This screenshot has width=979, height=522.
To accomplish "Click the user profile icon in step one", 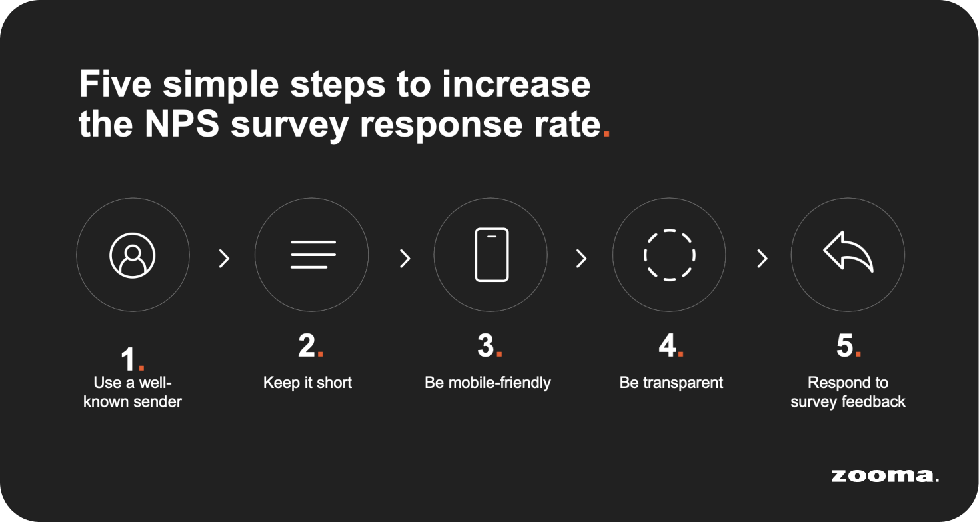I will pos(133,255).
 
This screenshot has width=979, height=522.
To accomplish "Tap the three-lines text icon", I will pos(313,255).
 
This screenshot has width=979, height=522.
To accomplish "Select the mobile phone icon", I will pos(491,255).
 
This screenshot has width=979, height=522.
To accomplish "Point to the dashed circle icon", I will pos(669,255).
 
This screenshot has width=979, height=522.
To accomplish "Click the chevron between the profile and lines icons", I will pos(225,258).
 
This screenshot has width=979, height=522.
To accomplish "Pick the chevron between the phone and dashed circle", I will pos(582,258).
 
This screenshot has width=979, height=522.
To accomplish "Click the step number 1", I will pos(129,361).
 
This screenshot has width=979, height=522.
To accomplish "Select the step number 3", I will pos(486,346).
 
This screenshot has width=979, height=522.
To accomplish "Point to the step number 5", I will pos(845,346).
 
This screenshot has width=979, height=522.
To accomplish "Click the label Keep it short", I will pos(307,383).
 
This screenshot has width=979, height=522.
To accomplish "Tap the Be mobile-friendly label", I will pos(488,383).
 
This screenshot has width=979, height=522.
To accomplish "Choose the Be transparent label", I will pos(671,383).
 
